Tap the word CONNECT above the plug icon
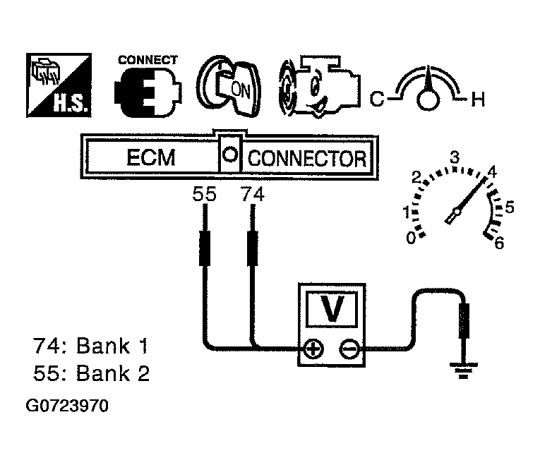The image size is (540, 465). [x=148, y=60]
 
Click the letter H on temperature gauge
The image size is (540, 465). [x=478, y=101]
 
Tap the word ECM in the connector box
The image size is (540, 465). [x=150, y=158]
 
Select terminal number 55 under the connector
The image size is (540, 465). [x=204, y=195]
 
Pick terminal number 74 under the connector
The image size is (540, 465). [x=252, y=195]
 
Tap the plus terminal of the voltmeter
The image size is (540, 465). [x=313, y=349]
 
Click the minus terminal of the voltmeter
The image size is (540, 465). [x=349, y=349]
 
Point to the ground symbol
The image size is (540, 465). [x=463, y=368]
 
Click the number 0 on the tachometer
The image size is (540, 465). [x=411, y=239]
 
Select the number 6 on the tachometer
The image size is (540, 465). [x=499, y=243]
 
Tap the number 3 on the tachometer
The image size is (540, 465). [x=455, y=157]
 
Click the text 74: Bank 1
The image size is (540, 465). [x=92, y=347]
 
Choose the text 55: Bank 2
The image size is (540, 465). [x=92, y=373]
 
